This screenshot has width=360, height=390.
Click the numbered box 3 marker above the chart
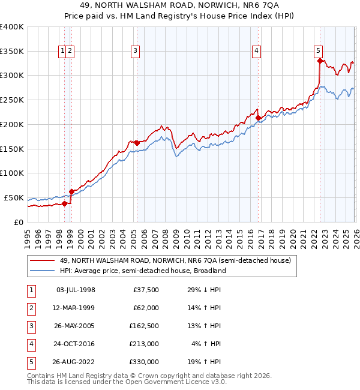(x=136, y=52)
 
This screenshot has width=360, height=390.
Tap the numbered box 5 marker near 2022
(x=318, y=52)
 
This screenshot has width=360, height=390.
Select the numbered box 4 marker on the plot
(x=256, y=52)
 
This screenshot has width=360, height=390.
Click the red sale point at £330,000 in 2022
(x=320, y=61)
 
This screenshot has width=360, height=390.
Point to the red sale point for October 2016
(x=258, y=118)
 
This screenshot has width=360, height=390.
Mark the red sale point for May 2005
(x=137, y=143)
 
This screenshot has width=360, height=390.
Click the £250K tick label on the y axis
(x=11, y=100)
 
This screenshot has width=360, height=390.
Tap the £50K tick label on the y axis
(x=13, y=198)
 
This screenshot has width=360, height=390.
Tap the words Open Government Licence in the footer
(x=169, y=382)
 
